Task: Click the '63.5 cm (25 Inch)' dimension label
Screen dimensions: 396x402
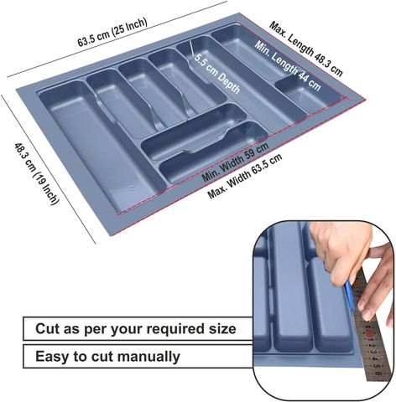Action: (112, 32)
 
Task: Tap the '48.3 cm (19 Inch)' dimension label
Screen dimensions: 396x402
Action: (37, 173)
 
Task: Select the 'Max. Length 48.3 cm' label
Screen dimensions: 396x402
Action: (305, 49)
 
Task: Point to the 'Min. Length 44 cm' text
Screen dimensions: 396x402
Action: (287, 66)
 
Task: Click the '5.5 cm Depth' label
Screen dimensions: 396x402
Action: (217, 74)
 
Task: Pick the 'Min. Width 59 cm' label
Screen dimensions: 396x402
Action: (235, 162)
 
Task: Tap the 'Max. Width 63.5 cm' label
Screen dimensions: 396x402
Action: (245, 177)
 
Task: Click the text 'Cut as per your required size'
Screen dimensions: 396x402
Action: (136, 328)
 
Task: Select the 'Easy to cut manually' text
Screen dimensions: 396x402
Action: (107, 356)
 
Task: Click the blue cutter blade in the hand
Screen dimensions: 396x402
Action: (350, 296)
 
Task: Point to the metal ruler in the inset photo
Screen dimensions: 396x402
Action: (370, 327)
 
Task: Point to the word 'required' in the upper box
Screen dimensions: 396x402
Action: (175, 329)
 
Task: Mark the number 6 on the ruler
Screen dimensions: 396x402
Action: (378, 374)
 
